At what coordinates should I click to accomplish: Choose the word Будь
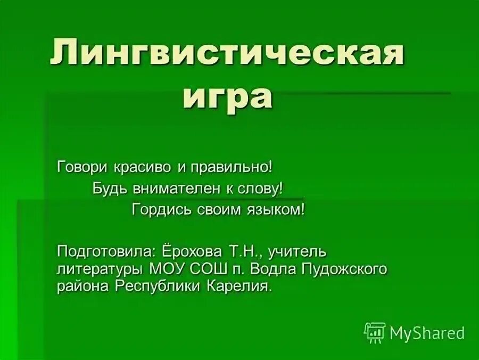(x=107, y=188)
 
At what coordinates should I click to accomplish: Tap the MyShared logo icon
(x=374, y=333)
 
